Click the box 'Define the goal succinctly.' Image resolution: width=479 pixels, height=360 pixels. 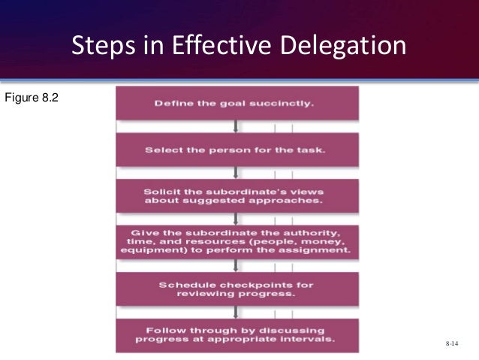pyautogui.click(x=237, y=102)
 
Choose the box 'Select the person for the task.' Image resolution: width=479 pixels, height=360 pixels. pyautogui.click(x=237, y=150)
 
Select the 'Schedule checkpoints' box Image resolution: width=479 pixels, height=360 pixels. pyautogui.click(x=237, y=289)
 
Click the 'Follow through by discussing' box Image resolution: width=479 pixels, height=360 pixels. pyautogui.click(x=237, y=335)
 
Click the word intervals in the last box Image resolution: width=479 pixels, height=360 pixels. pyautogui.click(x=308, y=340)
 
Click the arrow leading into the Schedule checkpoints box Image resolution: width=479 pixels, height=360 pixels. pyautogui.click(x=237, y=266)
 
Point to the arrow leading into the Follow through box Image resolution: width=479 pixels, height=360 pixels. pyautogui.click(x=237, y=313)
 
